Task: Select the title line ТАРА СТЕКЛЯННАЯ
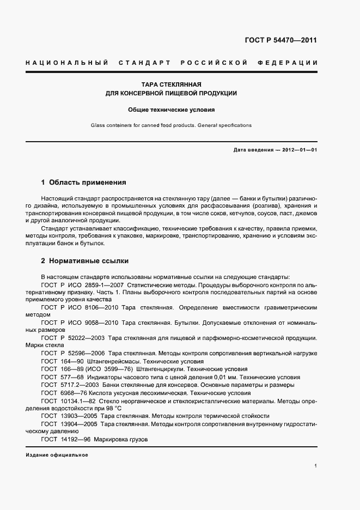click(171, 84)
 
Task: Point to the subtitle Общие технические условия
click(171, 110)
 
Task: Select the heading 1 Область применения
click(84, 182)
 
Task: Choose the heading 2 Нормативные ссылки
click(85, 261)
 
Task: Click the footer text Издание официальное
click(57, 454)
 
